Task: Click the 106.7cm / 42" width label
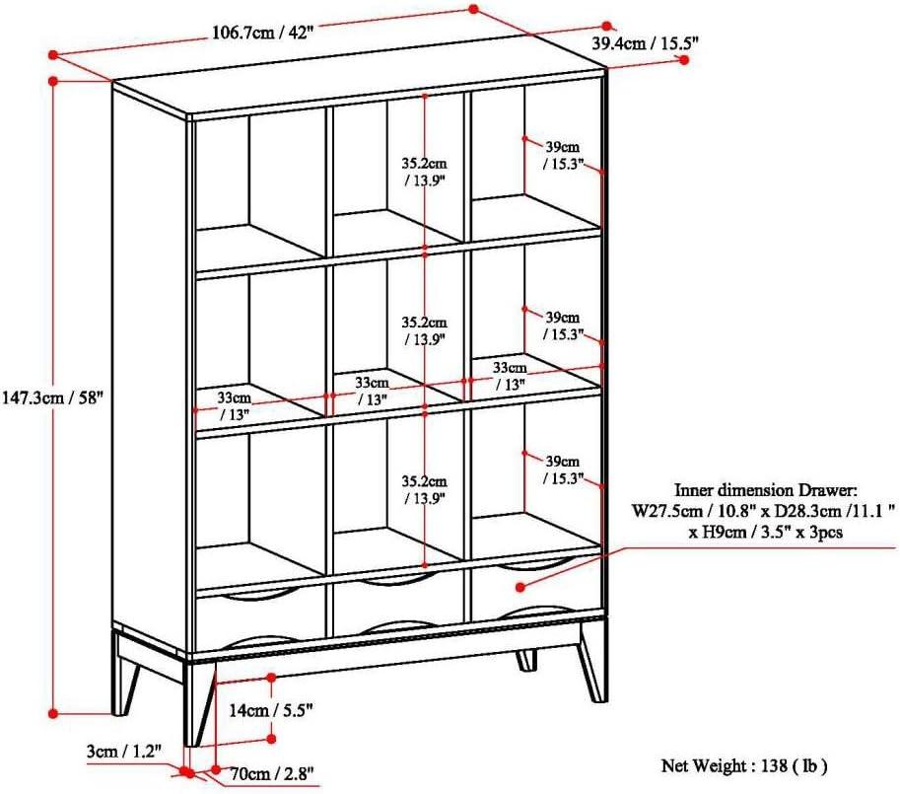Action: coord(262,31)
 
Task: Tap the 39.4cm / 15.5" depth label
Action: coord(645,42)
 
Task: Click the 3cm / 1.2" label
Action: coord(120,753)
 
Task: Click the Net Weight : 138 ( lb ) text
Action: coord(744,764)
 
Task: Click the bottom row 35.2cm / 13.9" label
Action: coord(425,490)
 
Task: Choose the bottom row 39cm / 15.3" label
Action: coord(564,469)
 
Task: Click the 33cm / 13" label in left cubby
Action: coord(235,404)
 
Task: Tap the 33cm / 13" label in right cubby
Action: coord(510,376)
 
